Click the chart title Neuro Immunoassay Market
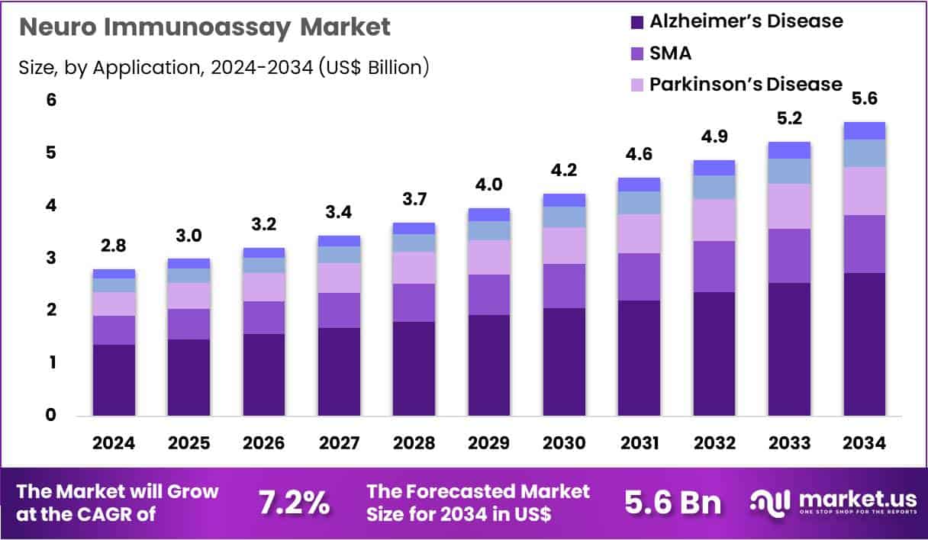(204, 27)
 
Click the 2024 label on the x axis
(114, 443)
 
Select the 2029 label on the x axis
(489, 443)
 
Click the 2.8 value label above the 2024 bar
(114, 246)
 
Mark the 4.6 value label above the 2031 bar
(640, 154)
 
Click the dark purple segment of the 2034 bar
(865, 344)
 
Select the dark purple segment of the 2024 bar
(114, 380)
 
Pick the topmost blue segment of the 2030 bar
(564, 200)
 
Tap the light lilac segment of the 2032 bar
(714, 220)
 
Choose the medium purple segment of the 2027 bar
(339, 310)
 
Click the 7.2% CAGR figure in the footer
(294, 503)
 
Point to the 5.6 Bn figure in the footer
(672, 503)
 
